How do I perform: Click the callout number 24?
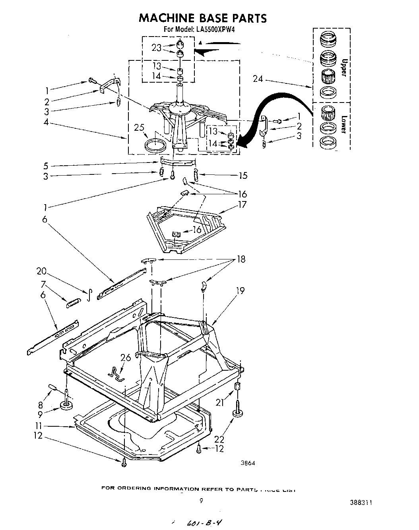tap(258, 79)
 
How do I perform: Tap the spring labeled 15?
tap(196, 174)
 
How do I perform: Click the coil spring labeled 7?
tap(73, 303)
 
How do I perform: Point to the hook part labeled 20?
tap(90, 294)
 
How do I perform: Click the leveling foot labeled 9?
tap(65, 404)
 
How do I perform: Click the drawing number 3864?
tap(247, 463)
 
